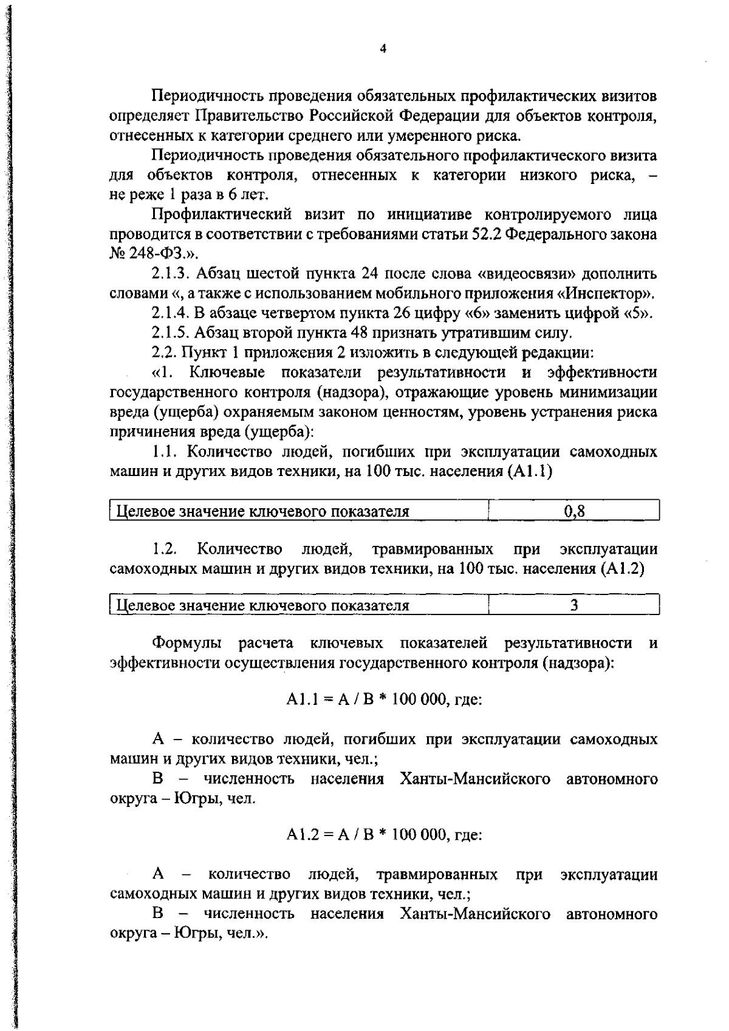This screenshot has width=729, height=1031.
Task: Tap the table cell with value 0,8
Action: tap(573, 511)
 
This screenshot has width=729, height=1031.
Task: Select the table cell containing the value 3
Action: tap(573, 605)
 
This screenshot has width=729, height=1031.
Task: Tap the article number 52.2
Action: tap(485, 234)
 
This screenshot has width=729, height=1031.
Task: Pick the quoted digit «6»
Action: tap(476, 313)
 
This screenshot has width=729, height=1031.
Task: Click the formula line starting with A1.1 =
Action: tap(384, 699)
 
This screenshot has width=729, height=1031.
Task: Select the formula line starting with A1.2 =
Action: tap(384, 835)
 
